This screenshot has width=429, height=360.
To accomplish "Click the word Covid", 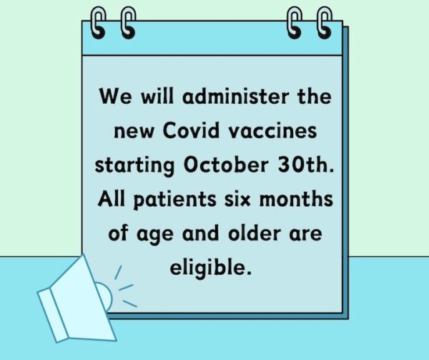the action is click(191, 130).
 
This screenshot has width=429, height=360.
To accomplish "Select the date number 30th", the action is click(306, 165).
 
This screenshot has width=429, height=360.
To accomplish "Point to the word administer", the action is click(235, 97).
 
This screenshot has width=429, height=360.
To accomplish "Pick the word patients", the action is click(175, 200).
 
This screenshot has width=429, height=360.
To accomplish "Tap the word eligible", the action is click(210, 267).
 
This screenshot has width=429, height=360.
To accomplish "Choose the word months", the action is click(296, 199).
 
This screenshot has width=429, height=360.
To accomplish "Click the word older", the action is click(255, 233).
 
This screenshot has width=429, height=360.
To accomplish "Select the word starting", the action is click(134, 166).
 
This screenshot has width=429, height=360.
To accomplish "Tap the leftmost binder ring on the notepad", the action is click(98, 23).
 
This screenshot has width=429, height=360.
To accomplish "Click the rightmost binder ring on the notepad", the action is click(325, 23).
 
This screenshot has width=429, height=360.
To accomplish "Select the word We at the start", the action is click(115, 96).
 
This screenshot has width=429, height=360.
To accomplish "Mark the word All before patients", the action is click(112, 198).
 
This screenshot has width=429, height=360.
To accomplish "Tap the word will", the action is click(157, 96).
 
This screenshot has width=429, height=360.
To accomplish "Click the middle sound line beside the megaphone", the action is click(126, 287).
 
